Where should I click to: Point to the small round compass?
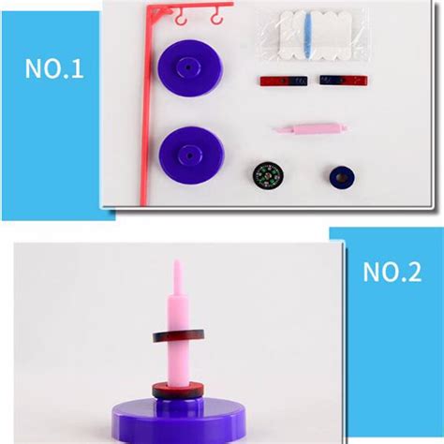267,174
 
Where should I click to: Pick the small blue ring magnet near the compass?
341,175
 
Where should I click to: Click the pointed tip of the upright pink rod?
174,266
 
